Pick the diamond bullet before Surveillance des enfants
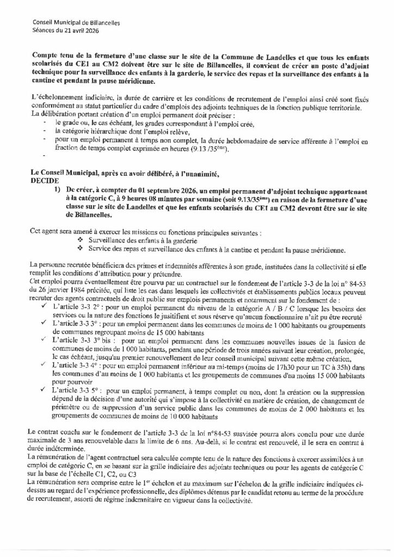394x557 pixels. pyautogui.click(x=81, y=240)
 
